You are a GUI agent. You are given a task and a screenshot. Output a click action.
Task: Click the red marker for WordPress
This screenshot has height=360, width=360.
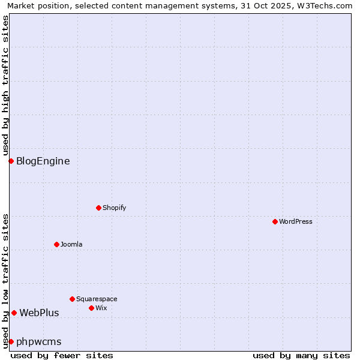coord(275,221)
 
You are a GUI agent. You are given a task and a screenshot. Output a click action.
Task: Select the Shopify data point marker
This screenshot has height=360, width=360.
coord(98,208)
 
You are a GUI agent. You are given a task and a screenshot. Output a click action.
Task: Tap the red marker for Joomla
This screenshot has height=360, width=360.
coord(56,244)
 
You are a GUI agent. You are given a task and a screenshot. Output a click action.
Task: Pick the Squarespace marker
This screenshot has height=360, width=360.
coord(72,299)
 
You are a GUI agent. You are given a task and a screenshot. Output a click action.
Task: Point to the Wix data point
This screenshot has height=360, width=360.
coord(91,308)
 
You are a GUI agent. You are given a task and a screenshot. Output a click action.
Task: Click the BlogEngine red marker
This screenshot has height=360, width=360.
coord(11,161)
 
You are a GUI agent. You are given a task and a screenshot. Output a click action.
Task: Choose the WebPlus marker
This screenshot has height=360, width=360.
coord(14,313)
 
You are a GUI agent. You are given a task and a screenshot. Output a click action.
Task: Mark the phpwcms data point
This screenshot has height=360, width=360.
coord(11,341)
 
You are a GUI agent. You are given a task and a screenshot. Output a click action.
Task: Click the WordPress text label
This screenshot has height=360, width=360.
coord(296,221)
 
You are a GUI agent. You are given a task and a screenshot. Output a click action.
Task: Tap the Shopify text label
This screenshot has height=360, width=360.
coord(115,208)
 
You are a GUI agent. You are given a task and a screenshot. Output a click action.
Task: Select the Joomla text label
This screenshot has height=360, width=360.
coord(71,244)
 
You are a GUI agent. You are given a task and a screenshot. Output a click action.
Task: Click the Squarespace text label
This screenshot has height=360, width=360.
coord(97,299)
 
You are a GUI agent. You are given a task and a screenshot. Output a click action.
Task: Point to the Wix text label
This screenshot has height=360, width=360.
coord(101,308)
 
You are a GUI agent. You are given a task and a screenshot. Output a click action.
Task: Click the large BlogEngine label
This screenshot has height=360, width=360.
coord(43,161)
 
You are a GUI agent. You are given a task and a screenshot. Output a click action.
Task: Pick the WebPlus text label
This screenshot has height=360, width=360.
coord(40,313)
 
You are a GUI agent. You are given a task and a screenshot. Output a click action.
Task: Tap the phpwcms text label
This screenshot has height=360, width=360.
coord(39,341)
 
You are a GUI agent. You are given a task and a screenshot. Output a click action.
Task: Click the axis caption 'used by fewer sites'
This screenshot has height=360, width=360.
coord(62,355)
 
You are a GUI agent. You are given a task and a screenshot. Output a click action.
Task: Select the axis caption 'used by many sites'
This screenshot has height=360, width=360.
coord(301,355)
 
